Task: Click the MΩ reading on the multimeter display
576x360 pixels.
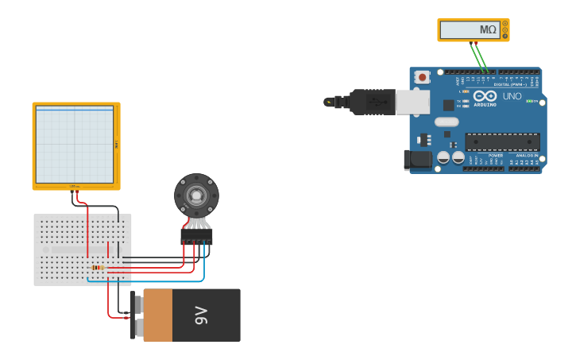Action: click(487, 30)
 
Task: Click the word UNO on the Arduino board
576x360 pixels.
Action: click(512, 96)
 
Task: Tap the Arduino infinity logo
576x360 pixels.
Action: click(485, 96)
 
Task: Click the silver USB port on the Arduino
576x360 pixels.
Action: click(412, 102)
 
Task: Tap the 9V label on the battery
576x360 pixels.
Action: click(200, 315)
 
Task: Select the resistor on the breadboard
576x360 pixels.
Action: click(98, 268)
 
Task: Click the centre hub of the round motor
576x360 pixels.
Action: click(195, 195)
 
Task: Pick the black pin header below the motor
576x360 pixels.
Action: click(196, 235)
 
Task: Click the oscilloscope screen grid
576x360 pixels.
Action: click(75, 145)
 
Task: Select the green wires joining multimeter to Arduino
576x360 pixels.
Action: click(479, 56)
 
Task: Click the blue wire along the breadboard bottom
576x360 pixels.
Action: click(143, 281)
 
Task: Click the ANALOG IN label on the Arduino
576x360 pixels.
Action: click(525, 156)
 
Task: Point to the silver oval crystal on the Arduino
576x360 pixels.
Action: click(446, 122)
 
